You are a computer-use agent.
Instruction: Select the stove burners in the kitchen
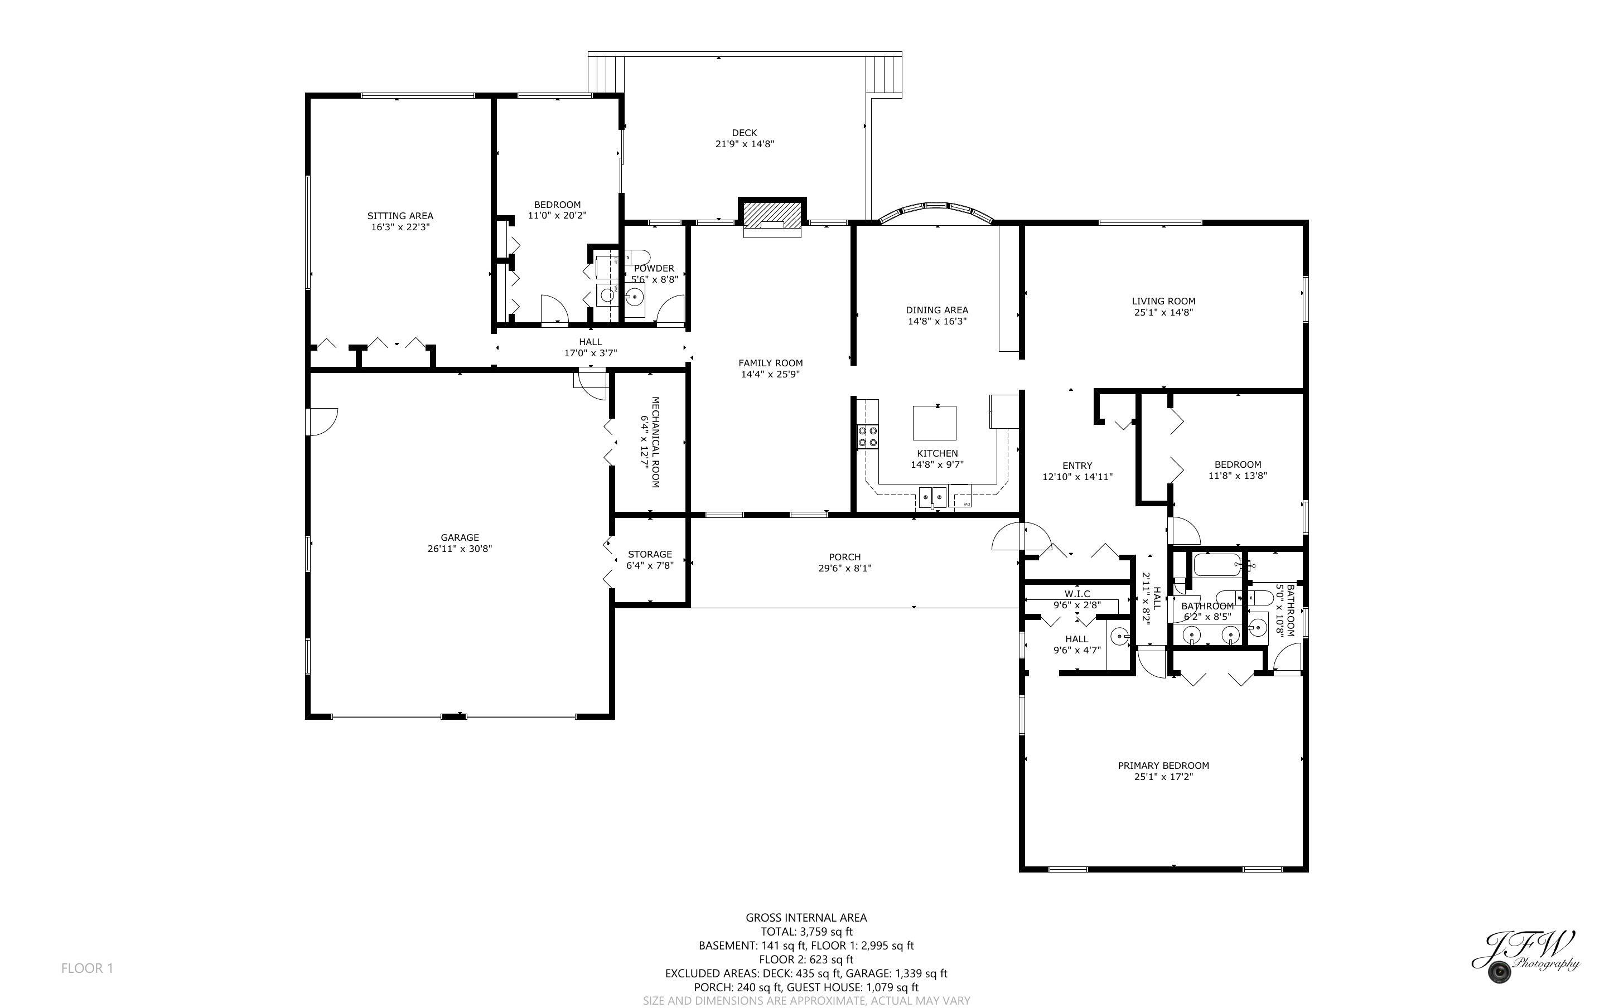pyautogui.click(x=867, y=436)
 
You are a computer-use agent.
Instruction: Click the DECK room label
pyautogui.click(x=744, y=133)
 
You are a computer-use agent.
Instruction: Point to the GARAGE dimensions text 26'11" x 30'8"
pyautogui.click(x=460, y=549)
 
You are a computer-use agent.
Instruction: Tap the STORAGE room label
pyautogui.click(x=649, y=554)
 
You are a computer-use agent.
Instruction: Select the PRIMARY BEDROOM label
pyautogui.click(x=1163, y=765)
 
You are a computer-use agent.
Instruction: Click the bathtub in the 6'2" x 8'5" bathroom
pyautogui.click(x=1217, y=565)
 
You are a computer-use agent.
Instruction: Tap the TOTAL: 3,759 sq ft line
pyautogui.click(x=806, y=931)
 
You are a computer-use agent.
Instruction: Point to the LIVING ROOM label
pyautogui.click(x=1163, y=301)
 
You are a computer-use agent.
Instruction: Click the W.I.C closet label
pyautogui.click(x=1077, y=593)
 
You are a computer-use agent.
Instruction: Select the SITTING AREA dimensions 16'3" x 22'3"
pyautogui.click(x=400, y=227)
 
